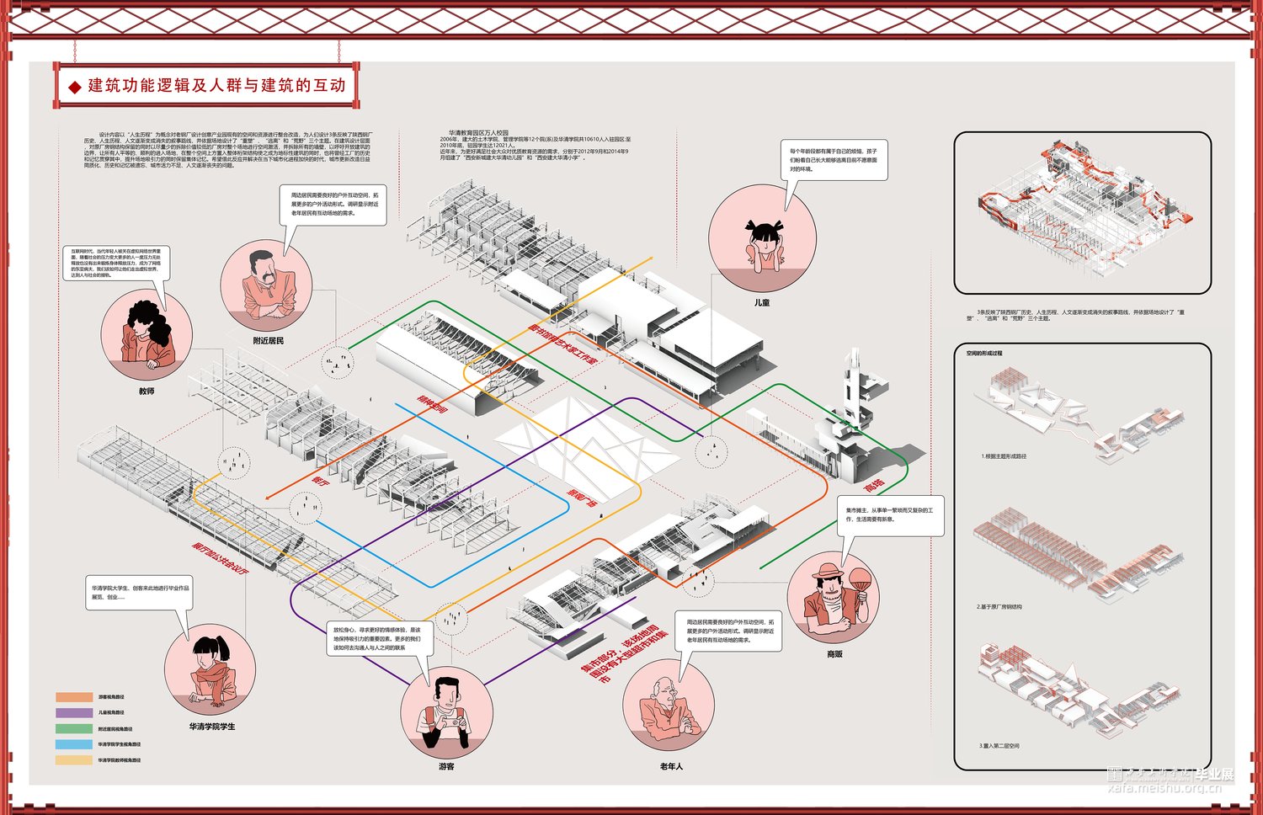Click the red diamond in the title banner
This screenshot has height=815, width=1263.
click(74, 86)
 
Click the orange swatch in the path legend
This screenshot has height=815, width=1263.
click(74, 697)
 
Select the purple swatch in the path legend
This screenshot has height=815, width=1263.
click(74, 712)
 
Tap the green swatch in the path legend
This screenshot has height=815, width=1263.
click(74, 728)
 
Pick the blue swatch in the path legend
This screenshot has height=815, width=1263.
click(74, 744)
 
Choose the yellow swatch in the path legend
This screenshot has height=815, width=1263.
click(74, 760)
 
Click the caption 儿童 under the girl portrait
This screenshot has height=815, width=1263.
click(762, 302)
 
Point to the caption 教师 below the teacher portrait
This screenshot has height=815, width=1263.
click(147, 392)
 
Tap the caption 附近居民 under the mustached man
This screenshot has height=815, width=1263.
click(268, 341)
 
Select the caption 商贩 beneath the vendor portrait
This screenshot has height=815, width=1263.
click(834, 654)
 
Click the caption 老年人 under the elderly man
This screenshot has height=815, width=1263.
click(671, 766)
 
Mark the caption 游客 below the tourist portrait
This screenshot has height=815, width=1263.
click(446, 767)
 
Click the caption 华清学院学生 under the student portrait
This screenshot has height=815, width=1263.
click(212, 727)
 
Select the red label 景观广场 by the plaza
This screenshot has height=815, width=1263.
click(581, 499)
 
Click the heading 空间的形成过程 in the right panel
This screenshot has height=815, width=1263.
click(984, 354)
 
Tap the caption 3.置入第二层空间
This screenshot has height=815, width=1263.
click(999, 746)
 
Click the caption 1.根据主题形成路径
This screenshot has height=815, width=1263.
click(1004, 456)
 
